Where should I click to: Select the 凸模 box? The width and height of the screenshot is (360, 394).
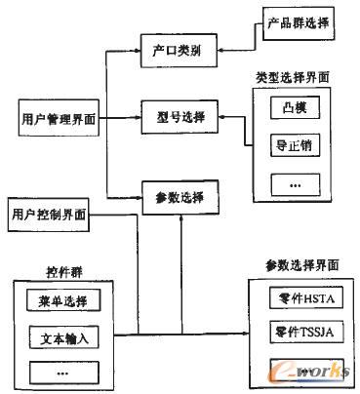[288, 109]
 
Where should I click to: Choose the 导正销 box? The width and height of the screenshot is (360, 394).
[288, 145]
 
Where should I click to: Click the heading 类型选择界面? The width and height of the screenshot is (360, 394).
[290, 76]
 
